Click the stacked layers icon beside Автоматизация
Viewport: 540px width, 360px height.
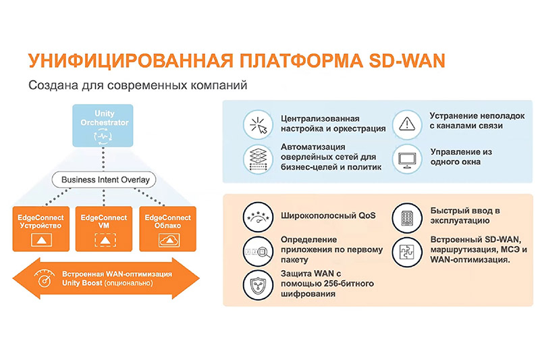pyautogui.click(x=256, y=157)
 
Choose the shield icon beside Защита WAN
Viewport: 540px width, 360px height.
pyautogui.click(x=256, y=283)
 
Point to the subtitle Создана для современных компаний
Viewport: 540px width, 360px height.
pyautogui.click(x=134, y=86)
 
